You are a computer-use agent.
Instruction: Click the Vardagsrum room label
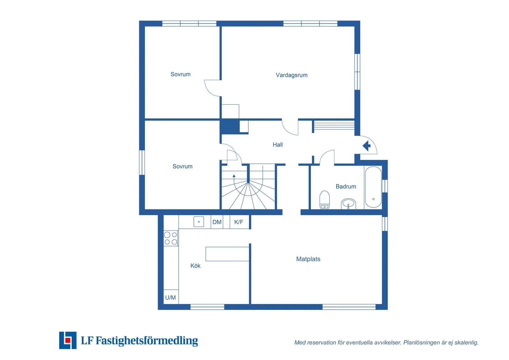pyautogui.click(x=292, y=75)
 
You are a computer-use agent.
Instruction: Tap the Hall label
pyautogui.click(x=278, y=144)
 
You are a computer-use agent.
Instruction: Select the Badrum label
pyautogui.click(x=346, y=186)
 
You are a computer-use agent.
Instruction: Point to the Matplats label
pyautogui.click(x=308, y=259)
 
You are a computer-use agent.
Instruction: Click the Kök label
pyautogui.click(x=195, y=266)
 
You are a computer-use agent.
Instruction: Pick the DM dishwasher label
pyautogui.click(x=217, y=222)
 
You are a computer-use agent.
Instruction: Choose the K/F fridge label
pyautogui.click(x=239, y=222)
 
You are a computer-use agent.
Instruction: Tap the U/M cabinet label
pyautogui.click(x=170, y=297)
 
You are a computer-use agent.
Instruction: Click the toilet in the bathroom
pyautogui.click(x=325, y=200)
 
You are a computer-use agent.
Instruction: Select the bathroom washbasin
pyautogui.click(x=348, y=204)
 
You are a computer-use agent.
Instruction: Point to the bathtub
pyautogui.click(x=373, y=187)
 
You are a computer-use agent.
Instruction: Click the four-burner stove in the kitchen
pyautogui.click(x=171, y=238)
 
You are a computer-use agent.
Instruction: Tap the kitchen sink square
pyautogui.click(x=199, y=222)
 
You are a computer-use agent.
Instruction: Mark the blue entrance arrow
pyautogui.click(x=366, y=146)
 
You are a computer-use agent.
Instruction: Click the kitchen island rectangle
pyautogui.click(x=227, y=254)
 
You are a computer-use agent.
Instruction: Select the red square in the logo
pyautogui.click(x=68, y=340)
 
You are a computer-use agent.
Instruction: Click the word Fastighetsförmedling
pyautogui.click(x=147, y=341)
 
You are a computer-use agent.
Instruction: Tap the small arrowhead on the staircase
pyautogui.click(x=234, y=176)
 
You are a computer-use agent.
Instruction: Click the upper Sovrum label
pyautogui.click(x=180, y=74)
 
